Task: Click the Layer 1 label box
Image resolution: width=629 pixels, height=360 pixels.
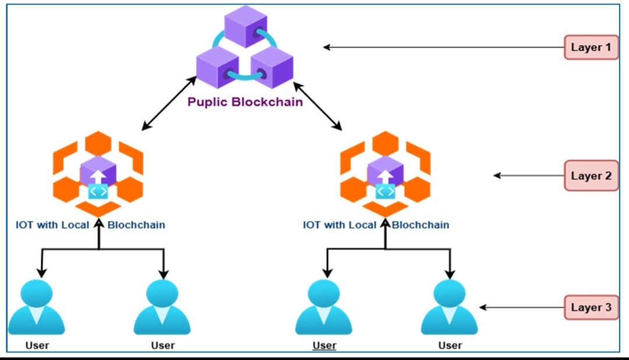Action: tap(591, 47)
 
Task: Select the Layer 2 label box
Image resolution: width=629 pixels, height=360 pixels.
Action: tap(591, 175)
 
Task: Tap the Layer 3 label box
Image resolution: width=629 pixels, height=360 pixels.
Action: tap(591, 307)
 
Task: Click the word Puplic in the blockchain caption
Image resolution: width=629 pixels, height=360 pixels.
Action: tap(207, 103)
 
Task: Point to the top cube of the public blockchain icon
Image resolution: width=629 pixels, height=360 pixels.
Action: tap(245, 26)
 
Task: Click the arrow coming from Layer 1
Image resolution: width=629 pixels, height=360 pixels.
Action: tap(443, 47)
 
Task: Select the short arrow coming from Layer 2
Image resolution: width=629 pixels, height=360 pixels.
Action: tap(527, 175)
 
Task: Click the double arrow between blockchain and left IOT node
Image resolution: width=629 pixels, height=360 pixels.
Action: tap(169, 102)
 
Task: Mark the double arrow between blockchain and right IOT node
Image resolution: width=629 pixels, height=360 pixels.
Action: tap(317, 105)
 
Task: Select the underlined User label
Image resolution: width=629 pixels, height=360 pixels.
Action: tap(324, 345)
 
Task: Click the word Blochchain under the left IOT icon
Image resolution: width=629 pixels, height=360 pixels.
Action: tap(136, 225)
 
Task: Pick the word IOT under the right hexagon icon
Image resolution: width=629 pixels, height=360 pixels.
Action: tap(312, 225)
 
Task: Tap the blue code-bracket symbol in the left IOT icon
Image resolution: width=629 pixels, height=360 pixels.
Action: tap(98, 192)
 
